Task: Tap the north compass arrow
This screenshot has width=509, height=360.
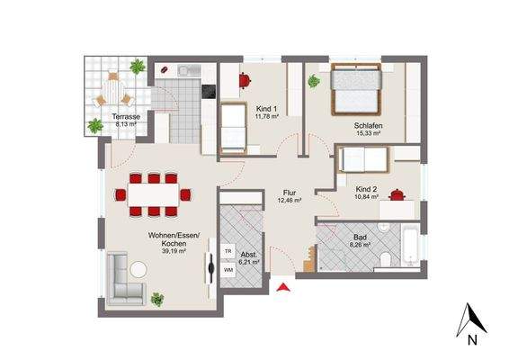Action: point(469,320)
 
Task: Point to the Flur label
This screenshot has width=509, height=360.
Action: point(290,192)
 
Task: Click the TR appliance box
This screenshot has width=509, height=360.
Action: point(228,252)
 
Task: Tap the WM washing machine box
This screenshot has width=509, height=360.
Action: point(228,269)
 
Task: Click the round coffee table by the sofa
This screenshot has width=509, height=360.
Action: point(139,268)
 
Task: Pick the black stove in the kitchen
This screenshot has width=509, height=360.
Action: point(209,92)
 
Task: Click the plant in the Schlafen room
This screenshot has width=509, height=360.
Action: point(314,82)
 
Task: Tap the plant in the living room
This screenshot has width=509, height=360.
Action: point(158,299)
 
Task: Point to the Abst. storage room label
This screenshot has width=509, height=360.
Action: point(249,255)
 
